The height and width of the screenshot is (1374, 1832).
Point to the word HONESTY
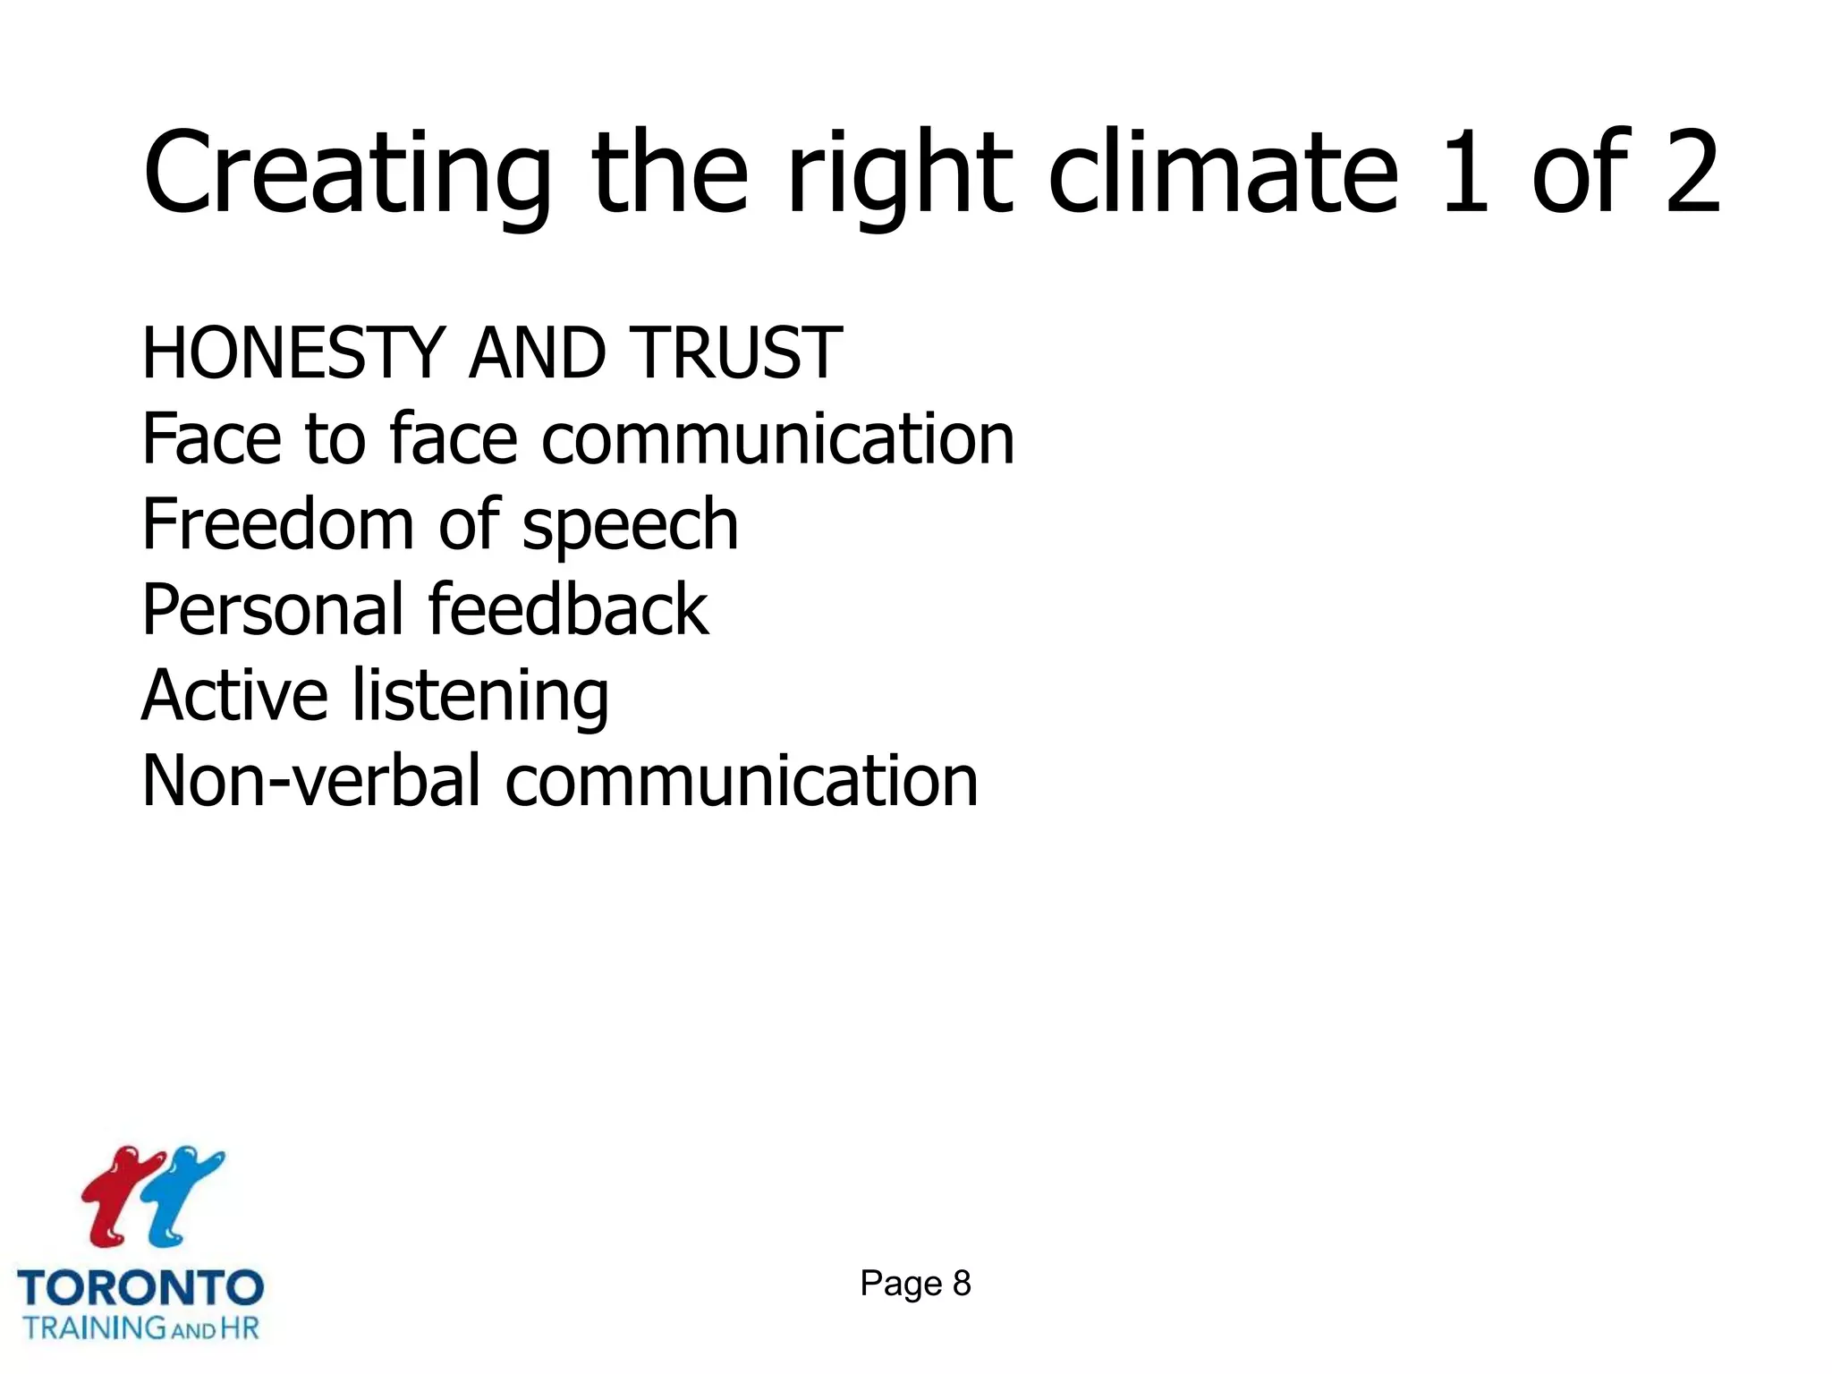pyautogui.click(x=293, y=353)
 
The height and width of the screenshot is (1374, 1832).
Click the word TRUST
pyautogui.click(x=735, y=353)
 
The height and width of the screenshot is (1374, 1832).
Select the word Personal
pyautogui.click(x=272, y=610)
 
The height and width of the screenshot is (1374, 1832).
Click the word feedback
pyautogui.click(x=568, y=610)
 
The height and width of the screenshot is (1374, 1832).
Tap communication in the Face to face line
pyautogui.click(x=777, y=439)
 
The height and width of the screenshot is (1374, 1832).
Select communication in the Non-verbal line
pyautogui.click(x=742, y=781)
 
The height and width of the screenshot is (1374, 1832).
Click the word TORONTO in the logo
pyautogui.click(x=140, y=1289)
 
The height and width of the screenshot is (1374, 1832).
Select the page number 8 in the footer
pyautogui.click(x=962, y=1284)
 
